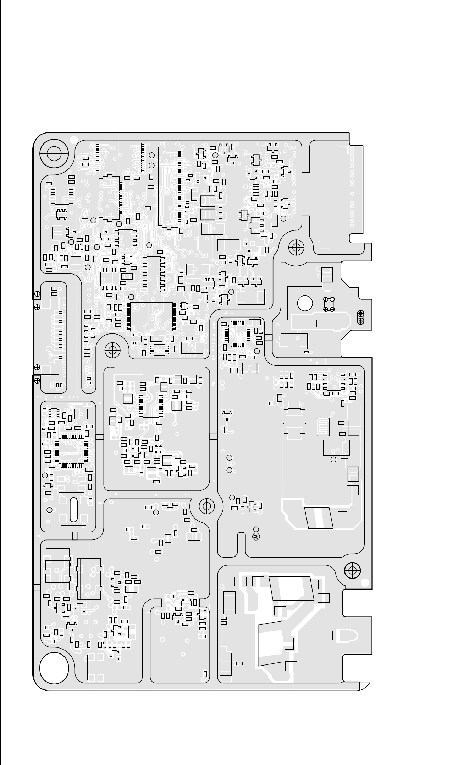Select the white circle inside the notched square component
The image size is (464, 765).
305,304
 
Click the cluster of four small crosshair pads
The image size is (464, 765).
329,304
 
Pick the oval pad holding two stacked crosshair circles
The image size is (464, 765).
360,317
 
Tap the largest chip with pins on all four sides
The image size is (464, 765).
151,317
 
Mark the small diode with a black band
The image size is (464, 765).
48,486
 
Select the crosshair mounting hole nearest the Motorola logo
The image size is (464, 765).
206,506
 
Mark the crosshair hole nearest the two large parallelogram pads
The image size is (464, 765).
352,570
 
